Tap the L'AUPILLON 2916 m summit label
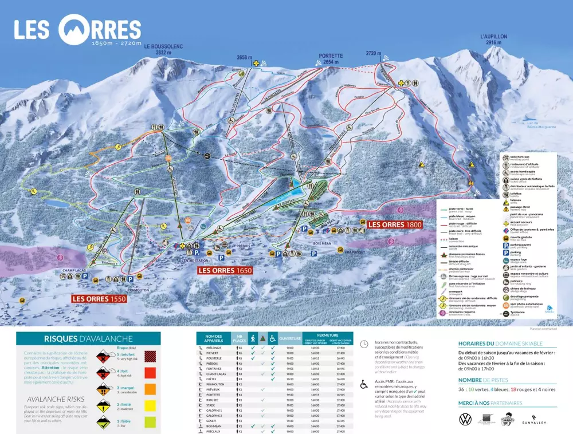tap(494, 40)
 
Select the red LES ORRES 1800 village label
tap(395, 225)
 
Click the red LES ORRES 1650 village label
tap(225, 270)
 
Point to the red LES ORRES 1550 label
tap(99, 299)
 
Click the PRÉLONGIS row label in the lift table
tap(214, 348)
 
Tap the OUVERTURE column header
tap(290, 338)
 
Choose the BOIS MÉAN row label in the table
tap(214, 425)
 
